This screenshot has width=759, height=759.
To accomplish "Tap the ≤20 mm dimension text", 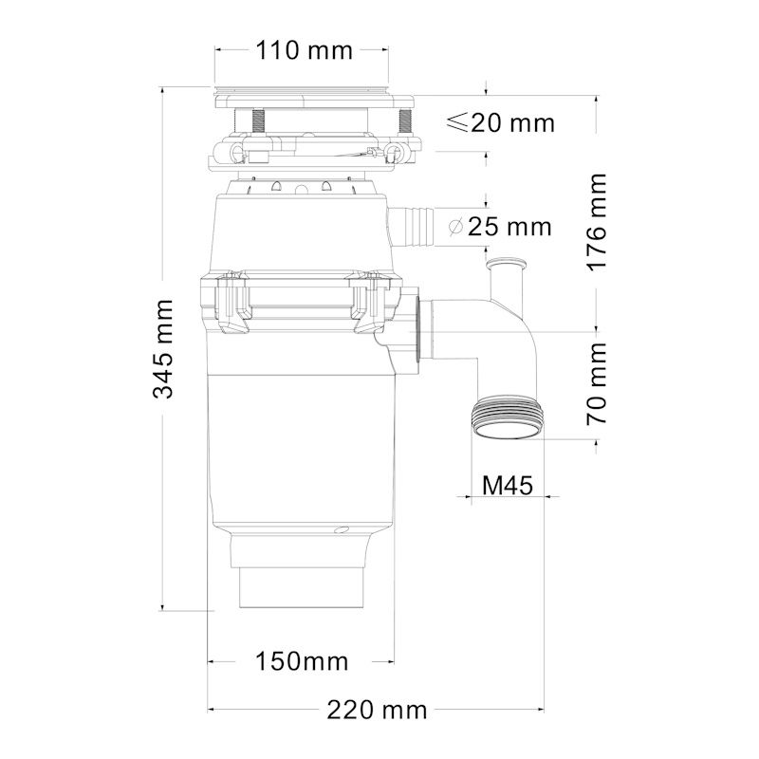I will click(499, 122).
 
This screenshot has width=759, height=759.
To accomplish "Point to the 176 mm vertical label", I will click(596, 221).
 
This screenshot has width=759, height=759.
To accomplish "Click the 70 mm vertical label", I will click(596, 383).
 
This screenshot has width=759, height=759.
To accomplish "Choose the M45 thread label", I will click(508, 485).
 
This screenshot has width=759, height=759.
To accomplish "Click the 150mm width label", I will click(301, 660).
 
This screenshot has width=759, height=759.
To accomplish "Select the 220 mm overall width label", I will click(377, 709).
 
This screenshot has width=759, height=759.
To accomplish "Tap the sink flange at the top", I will click(313, 96).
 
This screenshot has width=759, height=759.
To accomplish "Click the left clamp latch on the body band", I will click(234, 301).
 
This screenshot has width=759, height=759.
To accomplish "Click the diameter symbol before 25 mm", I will click(454, 227).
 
